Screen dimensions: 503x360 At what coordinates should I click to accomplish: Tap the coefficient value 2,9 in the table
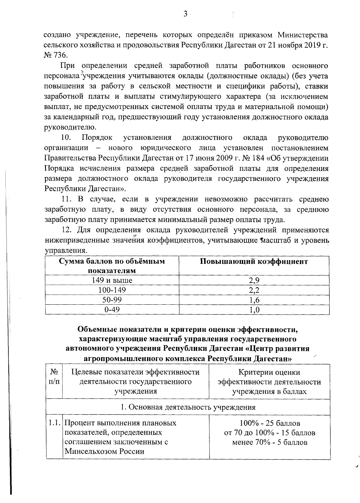coord(254,280)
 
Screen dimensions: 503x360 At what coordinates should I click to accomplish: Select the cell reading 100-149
coord(112,290)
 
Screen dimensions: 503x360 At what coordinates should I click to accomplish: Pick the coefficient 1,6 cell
coord(254,300)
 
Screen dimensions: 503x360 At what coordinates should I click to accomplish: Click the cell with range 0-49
coord(112,309)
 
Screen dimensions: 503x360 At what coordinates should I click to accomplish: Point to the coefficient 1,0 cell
coord(254,310)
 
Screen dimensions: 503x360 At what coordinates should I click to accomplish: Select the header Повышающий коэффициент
coord(254,261)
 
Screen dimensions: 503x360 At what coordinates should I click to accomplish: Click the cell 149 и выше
coord(112,280)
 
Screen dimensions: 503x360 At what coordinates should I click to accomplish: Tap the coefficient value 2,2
coord(254,290)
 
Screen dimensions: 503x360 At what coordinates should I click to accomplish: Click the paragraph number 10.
coord(66,138)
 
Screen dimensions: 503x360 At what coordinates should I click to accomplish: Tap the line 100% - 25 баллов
coord(270,423)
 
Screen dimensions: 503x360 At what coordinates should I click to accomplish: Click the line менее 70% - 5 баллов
coord(270,442)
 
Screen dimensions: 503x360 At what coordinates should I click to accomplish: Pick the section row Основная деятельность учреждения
coord(188,407)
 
